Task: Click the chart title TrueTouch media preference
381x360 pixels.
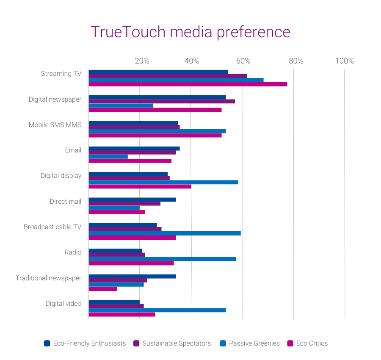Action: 190,32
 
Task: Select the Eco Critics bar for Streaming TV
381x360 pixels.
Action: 188,84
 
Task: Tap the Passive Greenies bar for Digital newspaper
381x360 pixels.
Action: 121,105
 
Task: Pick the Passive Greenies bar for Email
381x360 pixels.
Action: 108,157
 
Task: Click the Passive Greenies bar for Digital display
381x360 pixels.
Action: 163,182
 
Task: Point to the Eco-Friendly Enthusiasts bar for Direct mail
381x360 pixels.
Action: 132,199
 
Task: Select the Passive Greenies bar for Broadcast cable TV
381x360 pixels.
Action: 164,233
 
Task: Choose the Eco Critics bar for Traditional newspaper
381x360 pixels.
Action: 102,289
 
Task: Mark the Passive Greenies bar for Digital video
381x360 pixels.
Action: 157,310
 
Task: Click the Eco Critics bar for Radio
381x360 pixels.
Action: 131,263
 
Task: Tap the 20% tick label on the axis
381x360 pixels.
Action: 142,61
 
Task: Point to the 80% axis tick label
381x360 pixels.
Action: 296,61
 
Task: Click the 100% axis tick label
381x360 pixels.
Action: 344,61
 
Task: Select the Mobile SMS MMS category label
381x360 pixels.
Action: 55,125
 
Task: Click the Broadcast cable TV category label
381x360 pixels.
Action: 52,227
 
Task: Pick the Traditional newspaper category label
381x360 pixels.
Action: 49,278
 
